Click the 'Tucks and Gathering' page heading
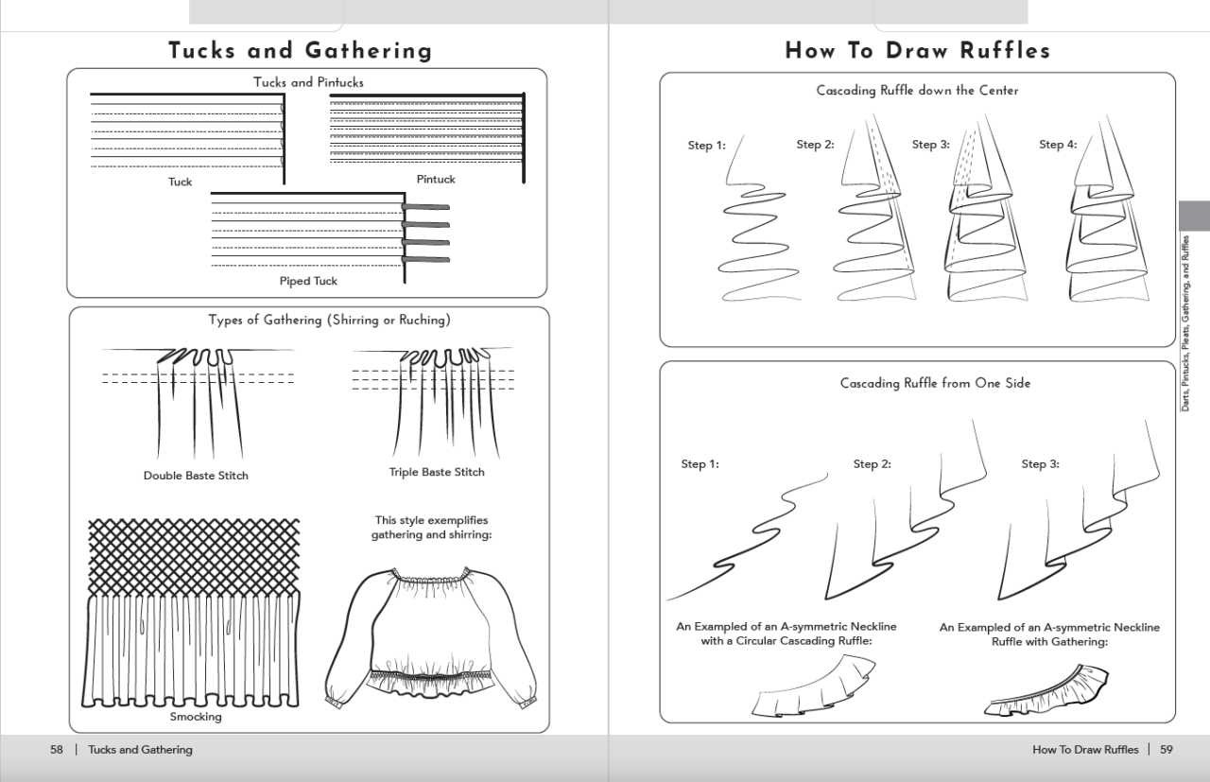(x=300, y=50)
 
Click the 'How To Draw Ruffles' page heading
(x=917, y=50)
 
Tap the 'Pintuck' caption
(x=436, y=179)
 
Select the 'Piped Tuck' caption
(x=308, y=281)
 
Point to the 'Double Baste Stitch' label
(x=196, y=476)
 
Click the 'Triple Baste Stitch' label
(x=437, y=472)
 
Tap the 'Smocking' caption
(x=196, y=717)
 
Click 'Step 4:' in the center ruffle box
(x=1058, y=145)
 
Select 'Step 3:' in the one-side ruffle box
(x=1040, y=464)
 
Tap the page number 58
(x=57, y=750)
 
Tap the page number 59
(x=1167, y=750)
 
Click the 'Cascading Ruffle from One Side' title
(x=935, y=383)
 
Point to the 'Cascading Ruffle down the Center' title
(x=917, y=91)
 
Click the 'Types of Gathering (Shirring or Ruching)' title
(x=329, y=320)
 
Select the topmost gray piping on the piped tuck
(x=425, y=207)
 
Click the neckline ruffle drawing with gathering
(x=1046, y=690)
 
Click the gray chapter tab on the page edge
(x=1194, y=216)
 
